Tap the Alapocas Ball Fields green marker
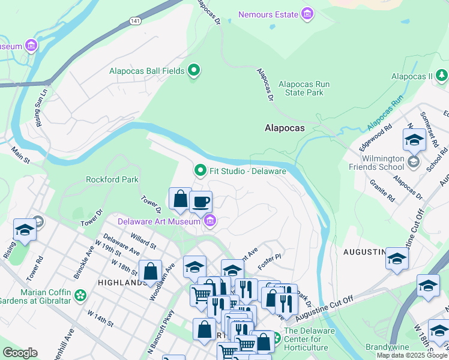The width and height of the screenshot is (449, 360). (193, 71)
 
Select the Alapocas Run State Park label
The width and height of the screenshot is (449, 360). (304, 89)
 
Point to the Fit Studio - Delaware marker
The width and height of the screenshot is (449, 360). (200, 171)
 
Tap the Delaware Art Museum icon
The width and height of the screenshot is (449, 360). (209, 222)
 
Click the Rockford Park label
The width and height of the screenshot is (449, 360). (112, 179)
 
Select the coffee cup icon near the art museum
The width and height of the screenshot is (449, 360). (201, 202)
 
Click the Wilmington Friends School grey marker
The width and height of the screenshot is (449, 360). (413, 162)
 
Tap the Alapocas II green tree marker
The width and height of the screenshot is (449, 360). (442, 76)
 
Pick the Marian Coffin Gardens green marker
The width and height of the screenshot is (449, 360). (80, 295)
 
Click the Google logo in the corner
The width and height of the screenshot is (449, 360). (20, 353)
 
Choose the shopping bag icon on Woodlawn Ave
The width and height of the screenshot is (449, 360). (150, 271)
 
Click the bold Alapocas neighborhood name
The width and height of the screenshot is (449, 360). (285, 128)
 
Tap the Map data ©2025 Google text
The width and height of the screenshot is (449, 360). (412, 355)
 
